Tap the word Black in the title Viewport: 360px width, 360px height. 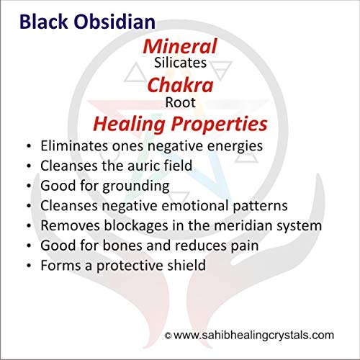[x=44, y=22]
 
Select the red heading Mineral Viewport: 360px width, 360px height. [x=180, y=46]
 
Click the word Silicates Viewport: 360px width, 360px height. [x=180, y=63]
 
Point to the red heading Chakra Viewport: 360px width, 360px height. [x=180, y=85]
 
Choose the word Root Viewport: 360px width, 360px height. [x=180, y=102]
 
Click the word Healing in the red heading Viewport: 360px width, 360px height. [x=129, y=125]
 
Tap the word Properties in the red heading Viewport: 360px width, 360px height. [x=219, y=125]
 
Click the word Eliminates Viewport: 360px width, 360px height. [x=74, y=145]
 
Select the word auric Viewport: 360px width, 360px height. [x=143, y=166]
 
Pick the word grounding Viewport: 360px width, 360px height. [x=136, y=186]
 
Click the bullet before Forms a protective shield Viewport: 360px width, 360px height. [x=29, y=266]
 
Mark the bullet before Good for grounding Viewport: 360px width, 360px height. [x=29, y=186]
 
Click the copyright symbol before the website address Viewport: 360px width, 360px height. [x=168, y=336]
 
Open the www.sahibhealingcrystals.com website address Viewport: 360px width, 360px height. [x=253, y=336]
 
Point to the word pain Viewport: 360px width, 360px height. [x=245, y=246]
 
